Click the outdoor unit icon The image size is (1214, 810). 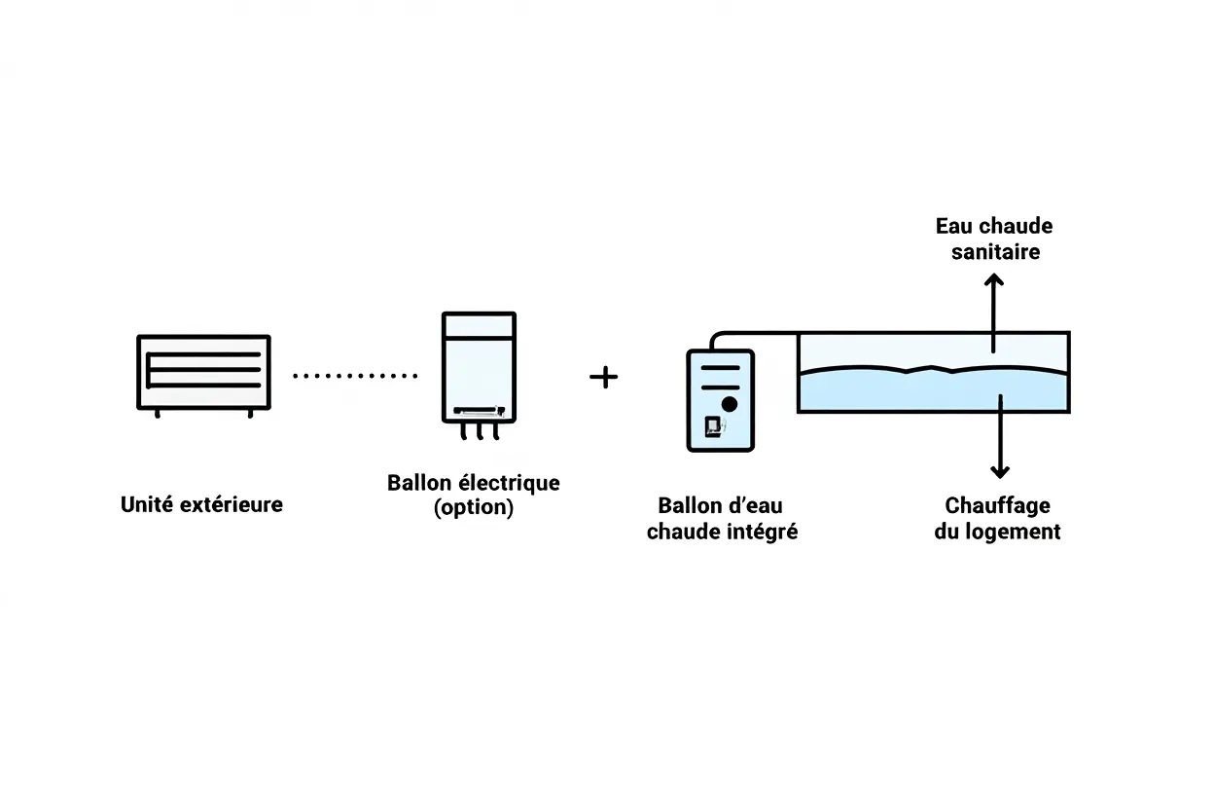pos(203,373)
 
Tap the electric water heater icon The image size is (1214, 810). pos(479,368)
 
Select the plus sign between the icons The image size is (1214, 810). pos(604,377)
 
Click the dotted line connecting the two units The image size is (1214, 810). pos(354,375)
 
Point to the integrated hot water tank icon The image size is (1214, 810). pos(720,400)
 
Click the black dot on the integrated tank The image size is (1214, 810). pos(730,403)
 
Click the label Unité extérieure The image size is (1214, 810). pos(201,504)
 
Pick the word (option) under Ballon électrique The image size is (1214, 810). pos(474,507)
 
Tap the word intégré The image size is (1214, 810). pos(763,532)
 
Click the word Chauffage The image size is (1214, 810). pos(997,506)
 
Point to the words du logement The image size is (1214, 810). pos(997,532)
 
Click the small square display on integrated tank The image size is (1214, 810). pos(713,424)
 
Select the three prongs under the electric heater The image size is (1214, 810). pos(479,431)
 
